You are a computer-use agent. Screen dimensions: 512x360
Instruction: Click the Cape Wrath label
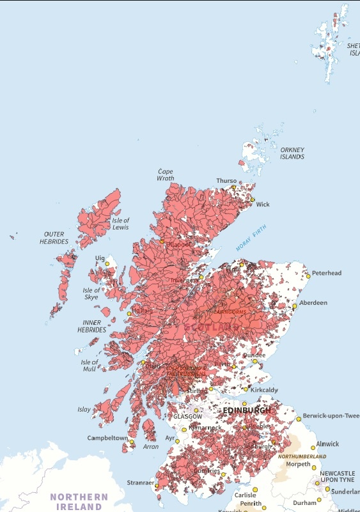165,175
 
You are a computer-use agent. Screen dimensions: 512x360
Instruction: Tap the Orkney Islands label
292,153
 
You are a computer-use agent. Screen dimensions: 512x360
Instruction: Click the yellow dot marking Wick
253,200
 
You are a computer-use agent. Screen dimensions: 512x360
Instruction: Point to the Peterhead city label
327,273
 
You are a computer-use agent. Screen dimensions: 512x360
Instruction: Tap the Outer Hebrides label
54,238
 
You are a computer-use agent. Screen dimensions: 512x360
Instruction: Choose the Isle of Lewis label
120,224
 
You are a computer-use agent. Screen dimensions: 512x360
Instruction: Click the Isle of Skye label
91,294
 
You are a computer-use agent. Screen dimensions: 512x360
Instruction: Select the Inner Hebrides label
92,326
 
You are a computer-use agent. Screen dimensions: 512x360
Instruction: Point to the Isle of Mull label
89,366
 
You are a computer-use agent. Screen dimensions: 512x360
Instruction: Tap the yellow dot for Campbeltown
132,442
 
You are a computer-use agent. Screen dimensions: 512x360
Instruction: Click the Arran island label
151,447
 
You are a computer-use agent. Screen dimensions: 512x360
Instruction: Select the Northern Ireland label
79,501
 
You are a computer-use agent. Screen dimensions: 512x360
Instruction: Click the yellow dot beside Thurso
233,188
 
